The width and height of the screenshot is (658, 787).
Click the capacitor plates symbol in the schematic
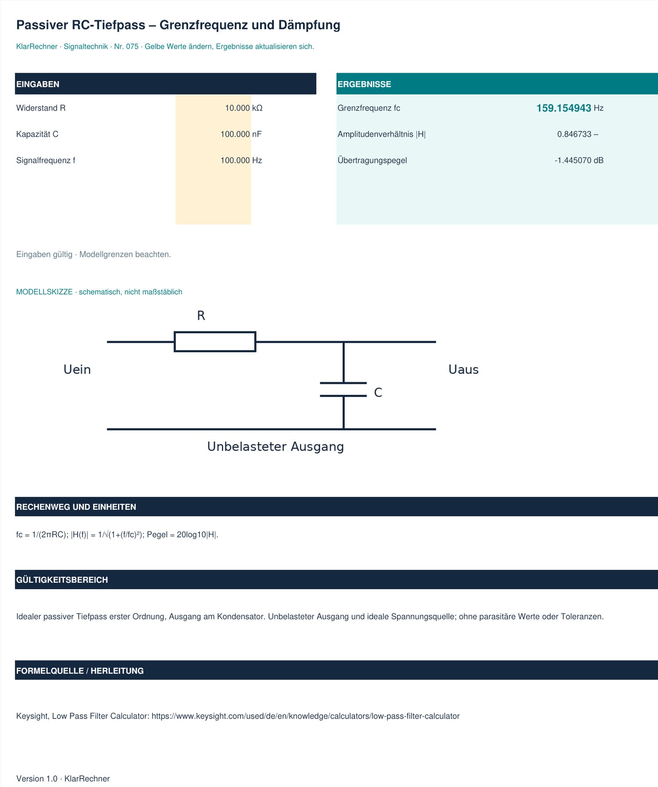click(x=343, y=390)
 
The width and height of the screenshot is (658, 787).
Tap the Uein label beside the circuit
click(x=77, y=369)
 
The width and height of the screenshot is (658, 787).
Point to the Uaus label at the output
click(x=463, y=369)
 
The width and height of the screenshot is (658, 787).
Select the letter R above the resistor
click(x=201, y=315)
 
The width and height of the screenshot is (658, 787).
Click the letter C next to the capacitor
click(x=378, y=392)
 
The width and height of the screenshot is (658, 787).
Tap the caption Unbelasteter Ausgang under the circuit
click(x=275, y=447)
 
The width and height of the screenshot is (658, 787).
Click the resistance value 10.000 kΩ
click(x=243, y=108)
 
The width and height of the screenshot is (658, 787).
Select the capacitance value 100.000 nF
click(x=241, y=134)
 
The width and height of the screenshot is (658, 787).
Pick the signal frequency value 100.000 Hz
click(x=241, y=161)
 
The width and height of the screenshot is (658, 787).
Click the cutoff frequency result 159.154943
click(x=564, y=108)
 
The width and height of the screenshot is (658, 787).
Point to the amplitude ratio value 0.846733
click(x=574, y=134)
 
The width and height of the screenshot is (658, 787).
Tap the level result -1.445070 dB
click(x=579, y=161)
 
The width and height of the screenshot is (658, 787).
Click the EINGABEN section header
click(x=38, y=84)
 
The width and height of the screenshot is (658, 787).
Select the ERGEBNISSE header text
click(x=364, y=84)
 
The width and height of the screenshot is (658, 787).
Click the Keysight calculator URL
click(x=306, y=716)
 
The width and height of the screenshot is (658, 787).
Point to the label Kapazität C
click(x=37, y=134)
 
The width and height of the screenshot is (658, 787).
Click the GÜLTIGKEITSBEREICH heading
click(x=62, y=580)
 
